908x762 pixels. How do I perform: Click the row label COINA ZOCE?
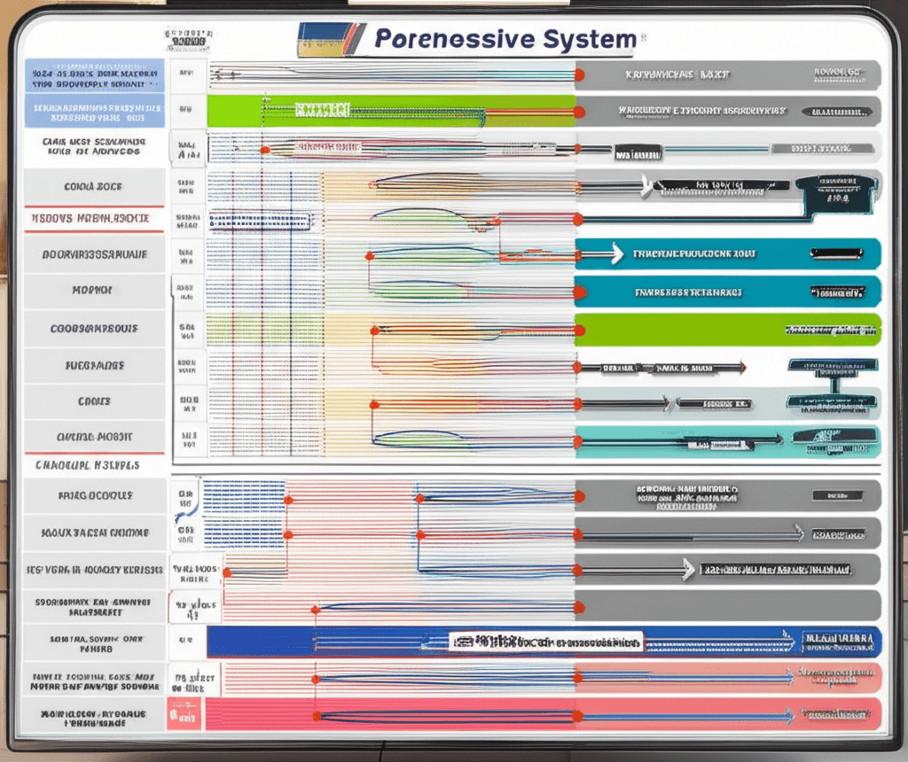[x=93, y=187]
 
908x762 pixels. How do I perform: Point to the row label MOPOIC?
[x=93, y=291]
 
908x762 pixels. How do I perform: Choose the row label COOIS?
[x=93, y=401]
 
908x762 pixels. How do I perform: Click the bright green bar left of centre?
[x=390, y=111]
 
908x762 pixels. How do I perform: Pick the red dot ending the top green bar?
[x=578, y=113]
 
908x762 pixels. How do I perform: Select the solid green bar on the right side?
[x=727, y=329]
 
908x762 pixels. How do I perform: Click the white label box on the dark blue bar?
[x=544, y=641]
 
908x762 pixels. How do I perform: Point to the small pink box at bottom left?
[x=185, y=714]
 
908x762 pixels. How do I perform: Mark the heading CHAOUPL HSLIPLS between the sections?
[x=89, y=463]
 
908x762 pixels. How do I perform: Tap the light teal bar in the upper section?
[x=727, y=438]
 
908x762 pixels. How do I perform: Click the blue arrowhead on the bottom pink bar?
[x=787, y=714]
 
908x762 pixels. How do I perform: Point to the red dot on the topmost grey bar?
[x=578, y=75]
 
